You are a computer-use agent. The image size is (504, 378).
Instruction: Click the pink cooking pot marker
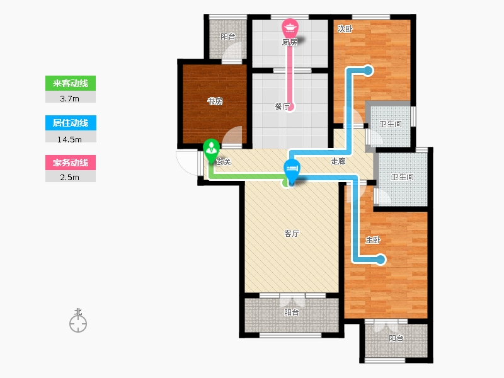click(290, 28)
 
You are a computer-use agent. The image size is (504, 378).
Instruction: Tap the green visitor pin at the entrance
click(211, 151)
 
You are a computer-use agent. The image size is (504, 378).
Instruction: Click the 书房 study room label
click(215, 101)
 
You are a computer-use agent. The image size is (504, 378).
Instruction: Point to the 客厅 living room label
click(292, 234)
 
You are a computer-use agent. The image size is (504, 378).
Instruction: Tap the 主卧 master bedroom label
click(373, 240)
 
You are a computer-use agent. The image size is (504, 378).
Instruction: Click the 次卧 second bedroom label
click(345, 29)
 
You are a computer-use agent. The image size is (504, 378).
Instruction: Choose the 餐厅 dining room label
click(282, 106)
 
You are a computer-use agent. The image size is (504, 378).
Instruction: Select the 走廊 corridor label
click(338, 161)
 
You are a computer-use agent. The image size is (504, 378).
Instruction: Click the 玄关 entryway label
click(224, 162)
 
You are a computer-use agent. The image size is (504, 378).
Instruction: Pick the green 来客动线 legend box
click(71, 83)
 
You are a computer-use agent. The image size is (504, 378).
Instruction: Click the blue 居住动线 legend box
click(71, 123)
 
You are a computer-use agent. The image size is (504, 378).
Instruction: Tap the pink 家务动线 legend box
click(71, 163)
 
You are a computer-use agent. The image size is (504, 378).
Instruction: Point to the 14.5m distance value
click(69, 139)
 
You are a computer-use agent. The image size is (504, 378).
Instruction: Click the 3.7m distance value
click(69, 99)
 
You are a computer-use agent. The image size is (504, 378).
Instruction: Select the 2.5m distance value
click(69, 178)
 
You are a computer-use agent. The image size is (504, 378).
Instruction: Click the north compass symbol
click(78, 321)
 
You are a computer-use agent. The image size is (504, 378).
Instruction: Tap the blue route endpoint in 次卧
click(368, 71)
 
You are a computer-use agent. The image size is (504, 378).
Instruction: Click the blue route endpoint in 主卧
click(381, 259)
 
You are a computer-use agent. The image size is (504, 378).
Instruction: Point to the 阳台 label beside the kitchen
click(228, 37)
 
